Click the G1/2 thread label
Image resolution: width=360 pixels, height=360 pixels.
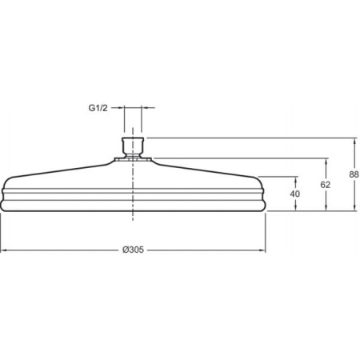pos(98,108)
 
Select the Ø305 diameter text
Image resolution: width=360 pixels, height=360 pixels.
pos(133,250)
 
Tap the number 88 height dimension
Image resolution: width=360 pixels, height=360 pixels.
pos(354,174)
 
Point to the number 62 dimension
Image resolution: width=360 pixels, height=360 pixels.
pos(325,185)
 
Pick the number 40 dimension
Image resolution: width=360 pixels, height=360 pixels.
pos(295,194)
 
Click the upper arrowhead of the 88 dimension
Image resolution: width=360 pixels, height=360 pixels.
pos(354,142)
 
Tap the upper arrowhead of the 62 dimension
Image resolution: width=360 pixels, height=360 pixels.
pos(326,162)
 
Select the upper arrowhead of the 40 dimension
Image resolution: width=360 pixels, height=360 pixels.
pos(295,181)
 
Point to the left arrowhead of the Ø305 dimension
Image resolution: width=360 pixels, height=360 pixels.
pos(4,250)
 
